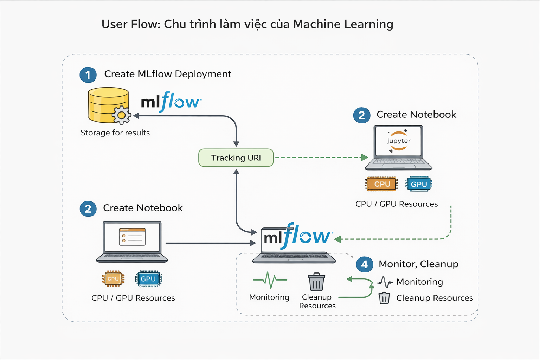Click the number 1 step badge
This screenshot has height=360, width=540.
[88, 75]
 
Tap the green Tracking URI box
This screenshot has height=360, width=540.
[236, 157]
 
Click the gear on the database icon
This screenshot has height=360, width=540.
[122, 115]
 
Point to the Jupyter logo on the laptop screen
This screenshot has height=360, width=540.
[399, 141]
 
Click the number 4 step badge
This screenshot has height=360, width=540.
[365, 264]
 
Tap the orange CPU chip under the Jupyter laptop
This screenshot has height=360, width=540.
[382, 184]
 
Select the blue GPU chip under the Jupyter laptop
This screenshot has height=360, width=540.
[419, 184]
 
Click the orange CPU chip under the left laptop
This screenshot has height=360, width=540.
[113, 279]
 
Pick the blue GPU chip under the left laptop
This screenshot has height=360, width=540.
[148, 279]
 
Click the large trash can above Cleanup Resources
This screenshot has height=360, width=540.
[316, 282]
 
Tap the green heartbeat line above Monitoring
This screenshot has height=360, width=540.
[270, 280]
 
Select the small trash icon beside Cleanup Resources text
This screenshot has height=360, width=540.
[384, 298]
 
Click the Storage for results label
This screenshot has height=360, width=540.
[115, 133]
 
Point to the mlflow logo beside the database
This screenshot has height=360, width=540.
[171, 102]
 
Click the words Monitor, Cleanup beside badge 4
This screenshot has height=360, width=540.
[418, 264]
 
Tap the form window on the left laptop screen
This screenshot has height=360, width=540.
[132, 236]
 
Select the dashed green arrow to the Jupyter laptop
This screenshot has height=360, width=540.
[320, 157]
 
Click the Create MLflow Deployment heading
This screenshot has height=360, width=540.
[168, 74]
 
